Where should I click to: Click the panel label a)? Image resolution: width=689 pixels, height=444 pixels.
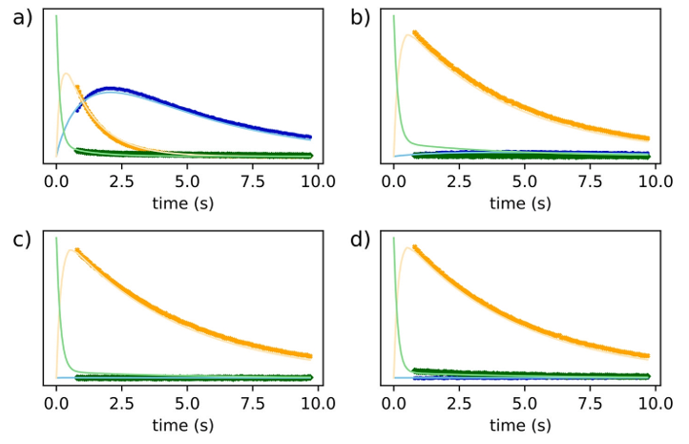22,17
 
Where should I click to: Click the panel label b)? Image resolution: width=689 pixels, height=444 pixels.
360,17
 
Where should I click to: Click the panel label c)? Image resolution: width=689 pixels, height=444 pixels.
22,240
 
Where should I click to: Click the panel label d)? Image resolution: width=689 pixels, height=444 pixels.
360,240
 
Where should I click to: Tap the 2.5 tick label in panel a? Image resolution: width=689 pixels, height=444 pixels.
121,179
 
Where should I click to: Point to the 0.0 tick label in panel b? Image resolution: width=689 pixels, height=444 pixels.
393,179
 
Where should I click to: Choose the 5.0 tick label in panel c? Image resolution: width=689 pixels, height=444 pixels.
186,401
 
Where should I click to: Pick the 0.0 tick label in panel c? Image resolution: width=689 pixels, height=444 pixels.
56,401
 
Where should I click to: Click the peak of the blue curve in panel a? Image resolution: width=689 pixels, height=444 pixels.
111,89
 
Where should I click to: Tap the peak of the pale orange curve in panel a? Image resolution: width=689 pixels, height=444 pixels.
65,74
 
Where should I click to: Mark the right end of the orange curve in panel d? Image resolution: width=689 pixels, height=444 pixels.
649,357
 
